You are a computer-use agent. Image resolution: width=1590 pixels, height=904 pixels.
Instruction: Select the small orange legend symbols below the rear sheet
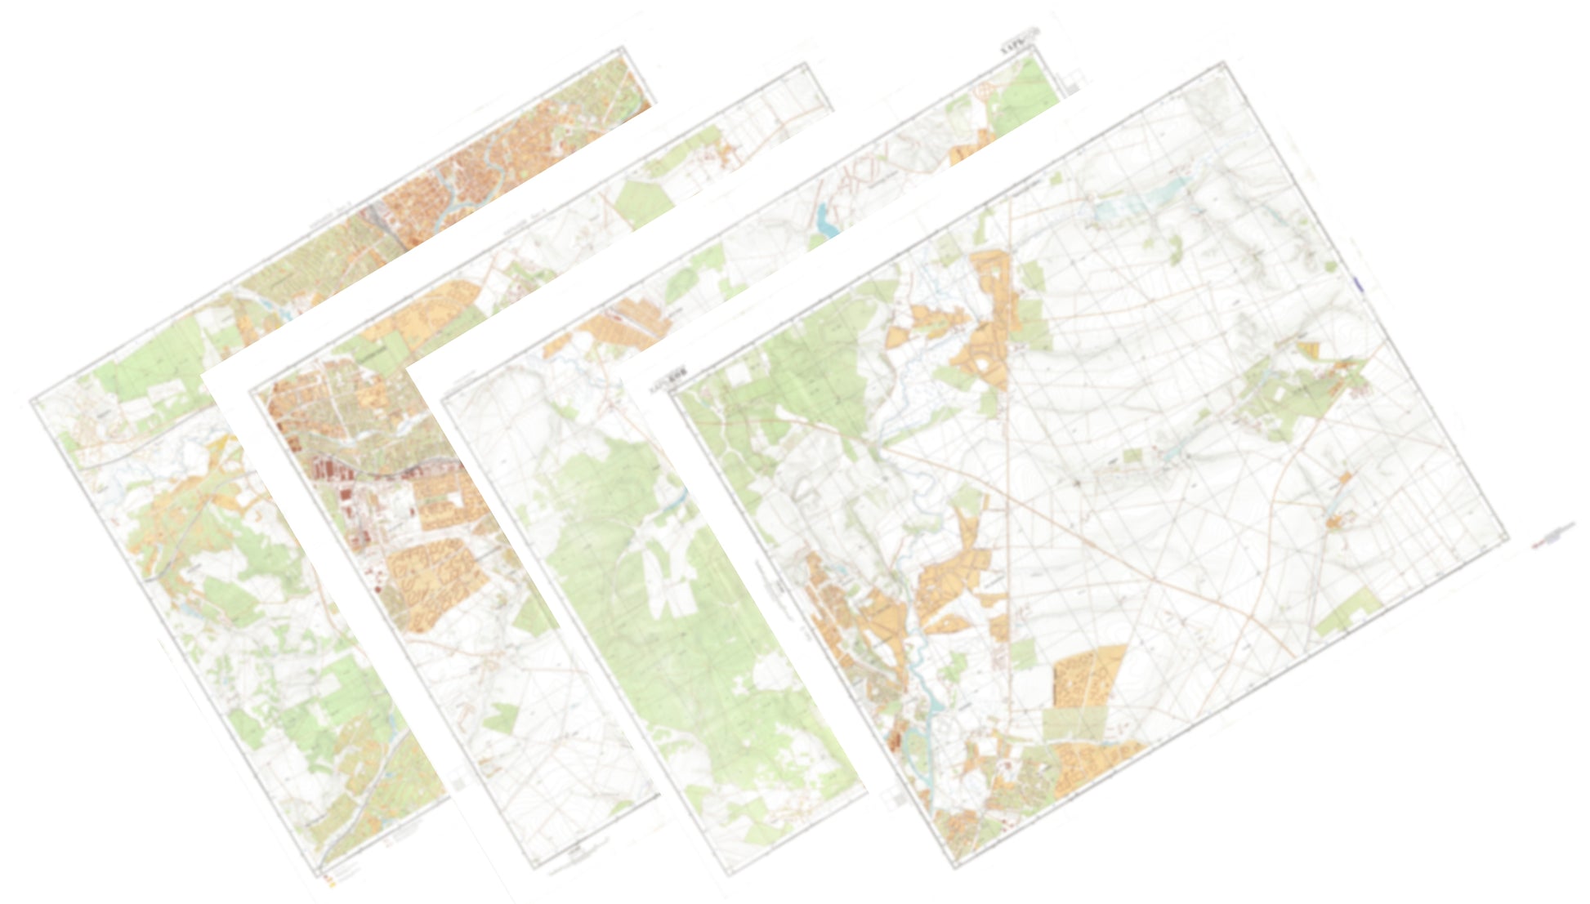click(329, 880)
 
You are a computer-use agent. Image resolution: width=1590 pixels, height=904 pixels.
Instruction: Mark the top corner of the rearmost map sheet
click(630, 48)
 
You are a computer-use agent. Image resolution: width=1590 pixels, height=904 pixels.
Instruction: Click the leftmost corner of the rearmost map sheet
click(31, 400)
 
